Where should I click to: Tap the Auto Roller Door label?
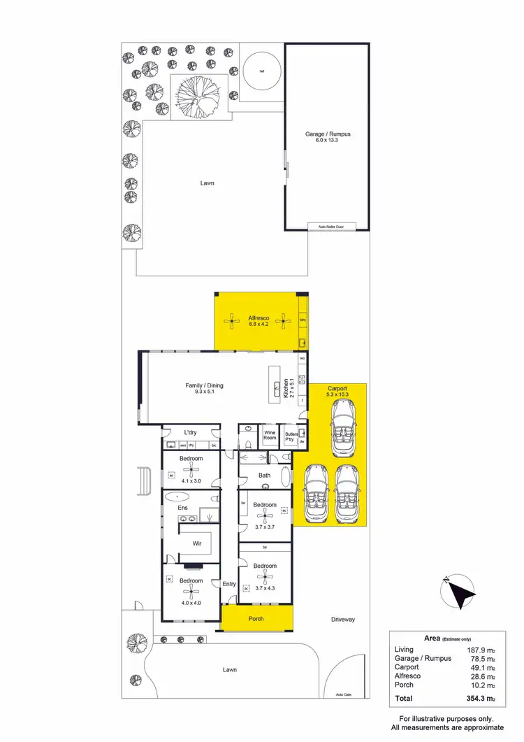[332, 227]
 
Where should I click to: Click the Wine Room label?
[270, 435]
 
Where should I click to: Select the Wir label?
[197, 541]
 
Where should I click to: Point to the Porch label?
[256, 619]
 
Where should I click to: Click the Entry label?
[228, 584]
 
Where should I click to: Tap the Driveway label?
[343, 619]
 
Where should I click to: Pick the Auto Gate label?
[343, 694]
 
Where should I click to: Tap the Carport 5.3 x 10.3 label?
[337, 391]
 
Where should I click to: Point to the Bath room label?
[264, 476]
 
